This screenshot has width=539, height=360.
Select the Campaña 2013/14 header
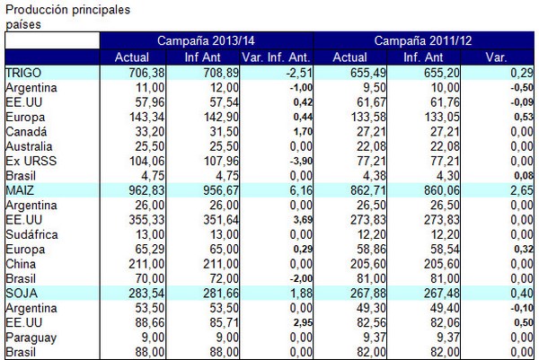point(207,42)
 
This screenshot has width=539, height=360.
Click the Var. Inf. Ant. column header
point(276,58)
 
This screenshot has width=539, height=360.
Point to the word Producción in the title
point(34,9)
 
